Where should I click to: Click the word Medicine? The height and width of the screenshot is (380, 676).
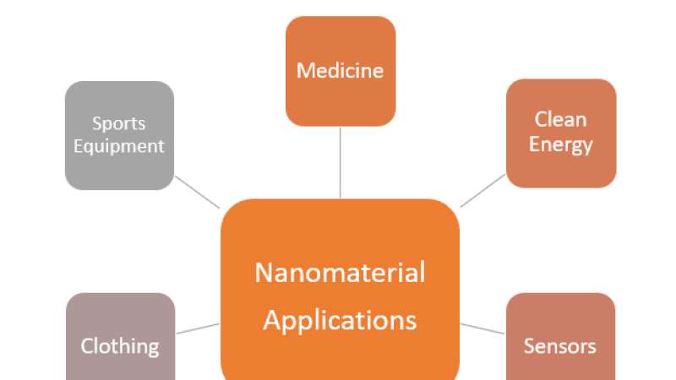(x=340, y=69)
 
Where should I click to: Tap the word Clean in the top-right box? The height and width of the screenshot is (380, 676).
(x=560, y=119)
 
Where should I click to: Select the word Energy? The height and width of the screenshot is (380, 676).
(x=560, y=144)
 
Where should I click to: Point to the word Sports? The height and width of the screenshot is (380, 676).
(x=119, y=123)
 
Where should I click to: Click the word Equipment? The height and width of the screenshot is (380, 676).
(x=119, y=146)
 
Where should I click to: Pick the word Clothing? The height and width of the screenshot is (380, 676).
(x=119, y=346)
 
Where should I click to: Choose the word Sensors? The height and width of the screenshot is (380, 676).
(x=559, y=346)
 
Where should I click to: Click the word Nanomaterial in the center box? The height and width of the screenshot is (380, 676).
(x=340, y=273)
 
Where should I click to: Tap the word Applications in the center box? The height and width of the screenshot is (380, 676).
(x=340, y=320)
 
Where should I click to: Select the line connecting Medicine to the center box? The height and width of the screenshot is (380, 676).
(x=340, y=162)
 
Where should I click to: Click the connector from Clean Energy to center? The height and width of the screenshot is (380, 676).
(x=482, y=191)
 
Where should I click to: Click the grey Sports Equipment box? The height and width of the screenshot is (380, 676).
(x=119, y=169)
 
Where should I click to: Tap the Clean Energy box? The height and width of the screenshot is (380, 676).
(x=560, y=169)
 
